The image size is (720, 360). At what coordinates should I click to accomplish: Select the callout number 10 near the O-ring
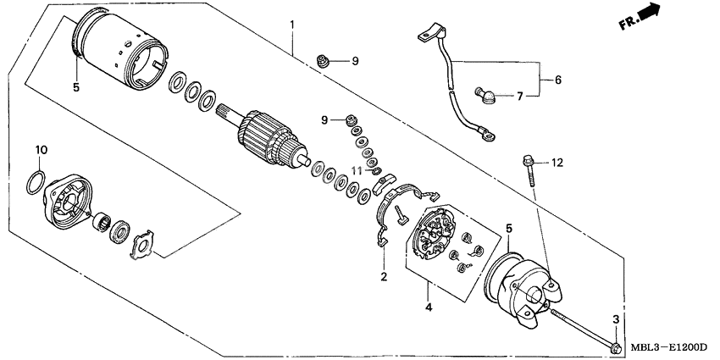pos(40,150)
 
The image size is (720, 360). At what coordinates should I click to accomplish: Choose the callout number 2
pos(383,276)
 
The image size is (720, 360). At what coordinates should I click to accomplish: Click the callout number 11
pos(357,171)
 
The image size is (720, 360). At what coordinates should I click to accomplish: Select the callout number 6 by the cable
pos(557,80)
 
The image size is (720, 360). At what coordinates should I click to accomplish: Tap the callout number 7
pos(520,96)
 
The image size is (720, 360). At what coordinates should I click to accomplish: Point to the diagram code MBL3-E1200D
pos(667,348)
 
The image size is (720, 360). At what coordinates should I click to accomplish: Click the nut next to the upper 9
pos(321,60)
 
